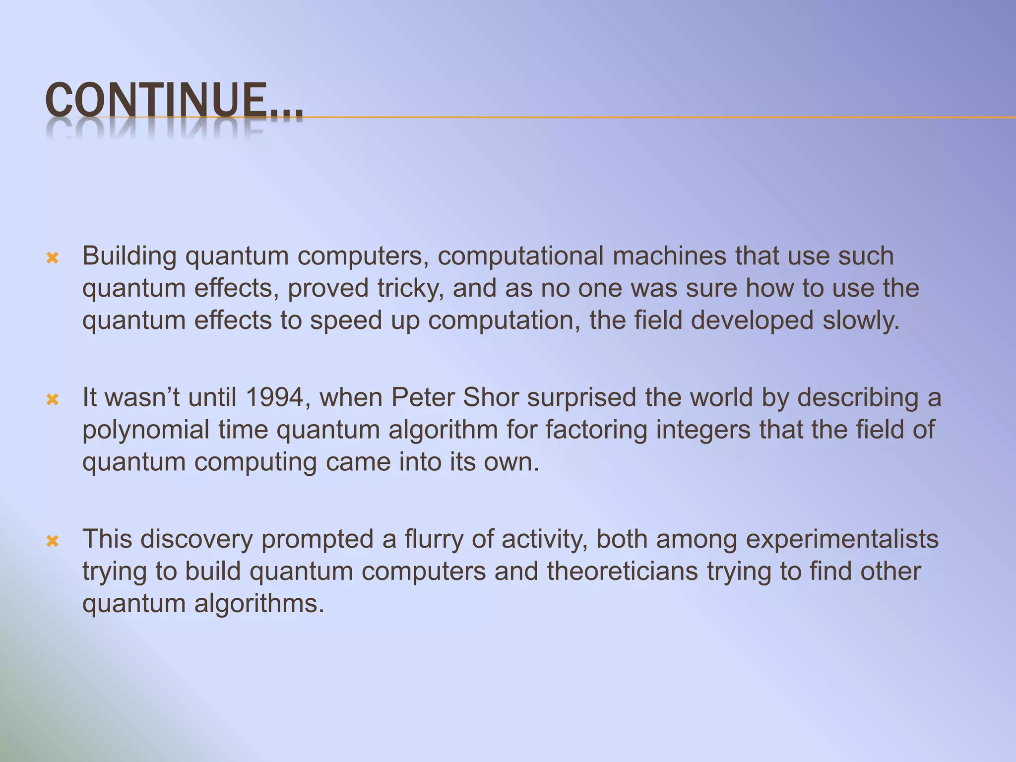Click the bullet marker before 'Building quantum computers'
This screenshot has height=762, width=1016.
53,258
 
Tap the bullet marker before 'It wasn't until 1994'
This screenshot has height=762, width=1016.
53,399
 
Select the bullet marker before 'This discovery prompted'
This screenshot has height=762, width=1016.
53,541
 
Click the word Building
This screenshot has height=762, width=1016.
129,256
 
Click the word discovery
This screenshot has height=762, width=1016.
196,539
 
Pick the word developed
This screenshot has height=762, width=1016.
752,320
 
